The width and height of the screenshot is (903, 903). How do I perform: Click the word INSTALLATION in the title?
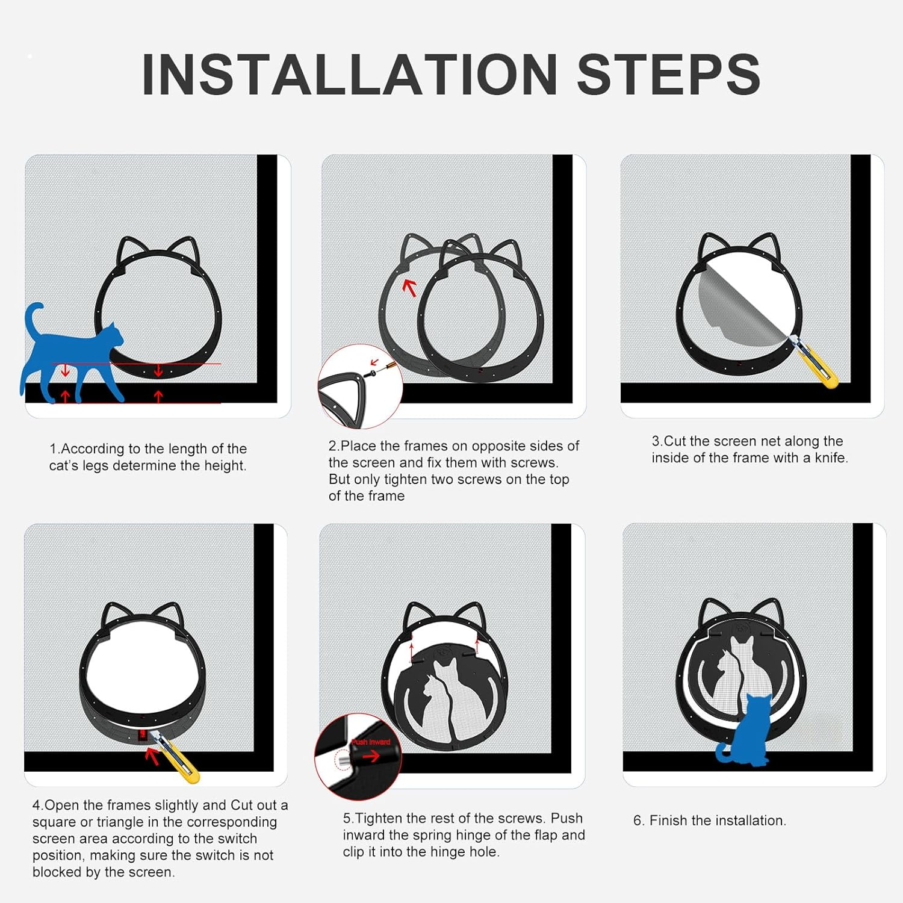350,74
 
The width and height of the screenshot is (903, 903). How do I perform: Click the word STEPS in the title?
669,74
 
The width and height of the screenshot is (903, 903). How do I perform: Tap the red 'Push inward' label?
371,742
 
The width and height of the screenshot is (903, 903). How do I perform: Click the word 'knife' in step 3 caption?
831,458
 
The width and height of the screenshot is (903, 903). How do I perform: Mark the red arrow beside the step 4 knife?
152,756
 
